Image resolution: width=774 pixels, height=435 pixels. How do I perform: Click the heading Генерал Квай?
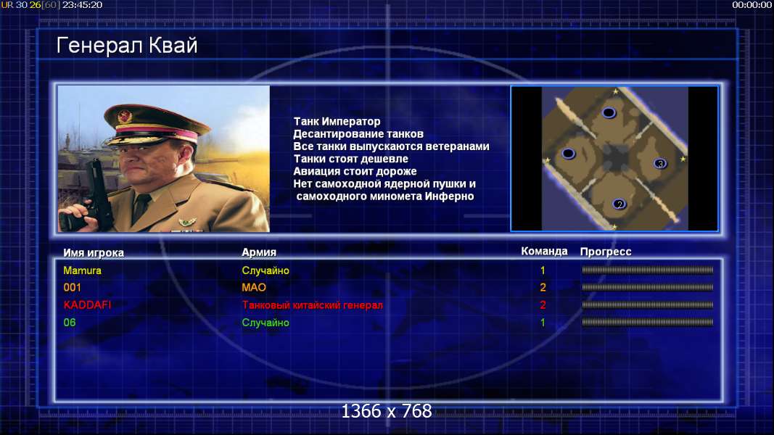click(x=127, y=46)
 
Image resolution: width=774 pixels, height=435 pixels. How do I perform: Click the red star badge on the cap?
click(x=124, y=117)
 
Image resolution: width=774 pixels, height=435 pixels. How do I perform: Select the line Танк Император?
click(x=337, y=121)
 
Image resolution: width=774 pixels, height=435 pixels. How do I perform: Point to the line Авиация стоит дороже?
click(x=355, y=171)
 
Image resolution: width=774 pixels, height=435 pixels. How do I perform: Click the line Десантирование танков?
click(x=358, y=133)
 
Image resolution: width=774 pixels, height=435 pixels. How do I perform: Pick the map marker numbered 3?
click(x=660, y=163)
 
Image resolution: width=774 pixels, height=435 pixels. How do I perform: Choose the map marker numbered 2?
click(x=619, y=204)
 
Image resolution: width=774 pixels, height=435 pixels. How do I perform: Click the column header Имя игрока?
click(x=94, y=252)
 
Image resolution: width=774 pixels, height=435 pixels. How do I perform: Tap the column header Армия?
click(x=259, y=252)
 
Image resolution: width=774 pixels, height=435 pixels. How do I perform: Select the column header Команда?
click(x=545, y=251)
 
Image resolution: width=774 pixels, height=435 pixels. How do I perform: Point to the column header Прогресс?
click(x=606, y=252)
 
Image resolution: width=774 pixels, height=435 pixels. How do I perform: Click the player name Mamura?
click(x=83, y=270)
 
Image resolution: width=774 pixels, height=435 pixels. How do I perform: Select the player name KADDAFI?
click(x=87, y=304)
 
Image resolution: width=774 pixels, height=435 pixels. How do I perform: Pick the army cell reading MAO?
click(x=254, y=287)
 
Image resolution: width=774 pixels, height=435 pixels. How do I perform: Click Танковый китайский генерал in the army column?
click(x=313, y=304)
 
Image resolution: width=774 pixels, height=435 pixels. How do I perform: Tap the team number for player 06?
click(x=543, y=323)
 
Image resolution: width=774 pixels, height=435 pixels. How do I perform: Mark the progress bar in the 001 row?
click(x=648, y=287)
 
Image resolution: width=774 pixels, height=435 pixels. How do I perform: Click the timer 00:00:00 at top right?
click(x=752, y=5)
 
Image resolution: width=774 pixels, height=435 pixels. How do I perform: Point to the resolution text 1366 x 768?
click(x=387, y=411)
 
